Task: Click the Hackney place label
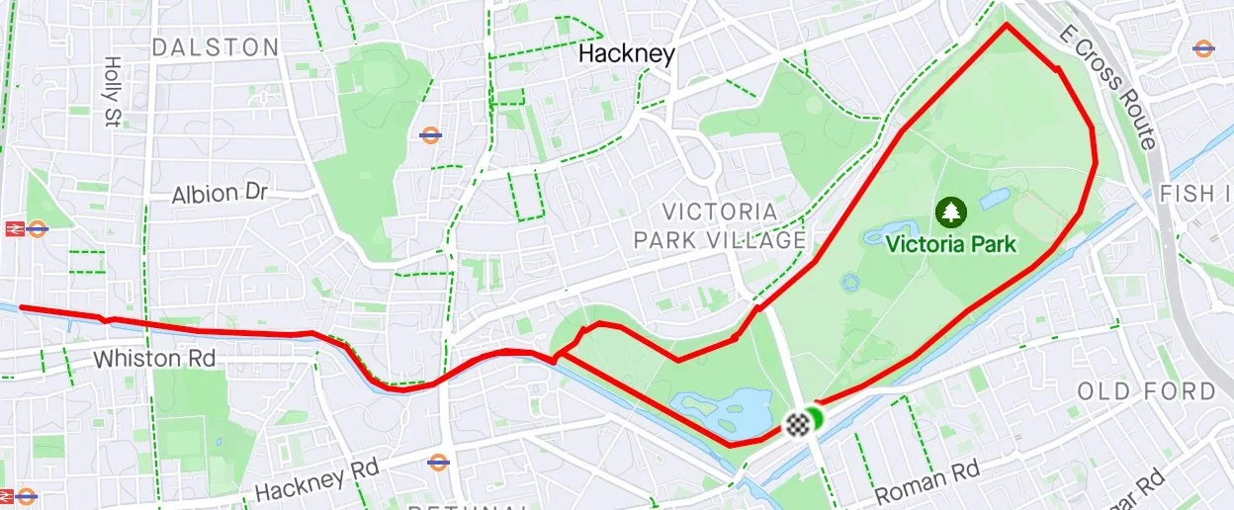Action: pyautogui.click(x=626, y=53)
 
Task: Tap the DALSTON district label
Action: pyautogui.click(x=216, y=47)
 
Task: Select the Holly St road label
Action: pyautogui.click(x=109, y=76)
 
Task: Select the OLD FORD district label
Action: pyautogui.click(x=1145, y=391)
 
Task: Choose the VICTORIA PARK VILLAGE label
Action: pyautogui.click(x=719, y=225)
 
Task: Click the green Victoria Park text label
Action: pyautogui.click(x=951, y=242)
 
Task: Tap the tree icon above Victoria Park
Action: pyautogui.click(x=951, y=211)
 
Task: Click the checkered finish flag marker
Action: pyautogui.click(x=796, y=425)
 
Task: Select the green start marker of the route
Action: pyautogui.click(x=815, y=419)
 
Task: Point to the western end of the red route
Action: pyautogui.click(x=22, y=308)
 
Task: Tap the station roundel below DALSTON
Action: pyautogui.click(x=430, y=135)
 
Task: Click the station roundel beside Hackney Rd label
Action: pyautogui.click(x=438, y=462)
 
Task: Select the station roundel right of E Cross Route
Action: pyautogui.click(x=1203, y=47)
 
